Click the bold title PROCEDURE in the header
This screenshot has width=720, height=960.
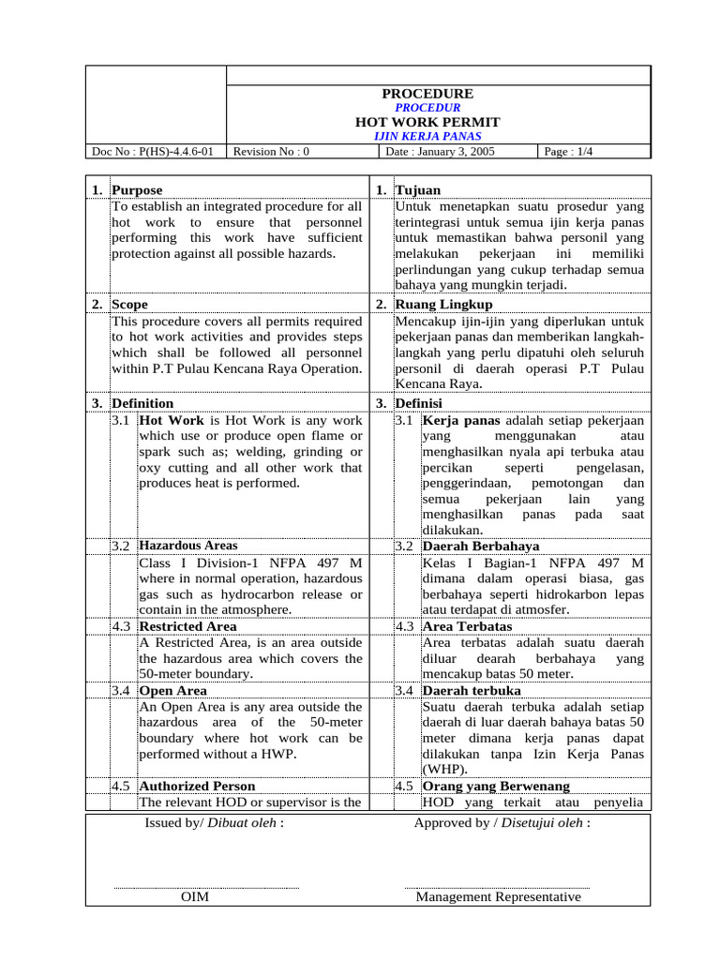(427, 94)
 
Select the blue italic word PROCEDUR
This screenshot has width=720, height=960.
(427, 108)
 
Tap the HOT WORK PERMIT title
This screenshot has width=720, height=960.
(427, 122)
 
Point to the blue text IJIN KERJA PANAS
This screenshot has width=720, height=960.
(427, 137)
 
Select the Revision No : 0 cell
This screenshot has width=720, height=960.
(271, 151)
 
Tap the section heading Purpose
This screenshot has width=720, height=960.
(137, 190)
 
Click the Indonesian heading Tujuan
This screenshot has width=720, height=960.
(415, 190)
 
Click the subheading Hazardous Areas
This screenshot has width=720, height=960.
(188, 546)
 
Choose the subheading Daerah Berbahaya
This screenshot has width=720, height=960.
(480, 546)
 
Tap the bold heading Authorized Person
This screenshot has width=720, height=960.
(197, 787)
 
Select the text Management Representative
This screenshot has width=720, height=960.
(498, 897)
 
